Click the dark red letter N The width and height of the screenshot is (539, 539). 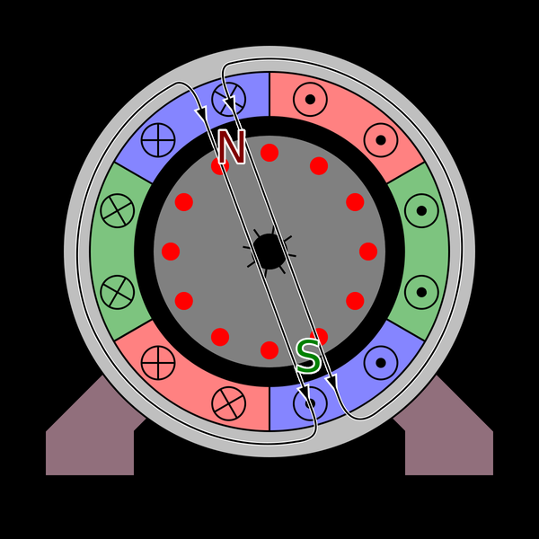(x=232, y=147)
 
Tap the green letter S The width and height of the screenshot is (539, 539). (x=308, y=356)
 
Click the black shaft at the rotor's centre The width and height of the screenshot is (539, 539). (x=269, y=252)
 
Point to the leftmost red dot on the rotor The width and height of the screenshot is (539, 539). (x=171, y=252)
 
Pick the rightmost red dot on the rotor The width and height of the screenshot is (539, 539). (x=368, y=252)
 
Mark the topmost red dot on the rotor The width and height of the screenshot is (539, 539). (x=269, y=153)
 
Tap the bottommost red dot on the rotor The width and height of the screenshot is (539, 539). (x=269, y=350)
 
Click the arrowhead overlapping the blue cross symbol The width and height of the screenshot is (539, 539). (x=229, y=103)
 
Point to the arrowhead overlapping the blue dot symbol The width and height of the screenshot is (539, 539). (x=304, y=393)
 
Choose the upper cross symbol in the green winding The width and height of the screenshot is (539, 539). (x=117, y=210)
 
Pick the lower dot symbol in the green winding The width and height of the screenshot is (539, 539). (x=422, y=292)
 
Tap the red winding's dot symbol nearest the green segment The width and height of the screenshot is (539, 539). (x=381, y=140)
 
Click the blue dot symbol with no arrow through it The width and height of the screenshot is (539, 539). (x=381, y=363)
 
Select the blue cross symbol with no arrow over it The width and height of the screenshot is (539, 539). (x=158, y=140)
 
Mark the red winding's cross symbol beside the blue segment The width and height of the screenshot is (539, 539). (x=228, y=403)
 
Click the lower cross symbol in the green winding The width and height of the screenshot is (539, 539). (x=117, y=292)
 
